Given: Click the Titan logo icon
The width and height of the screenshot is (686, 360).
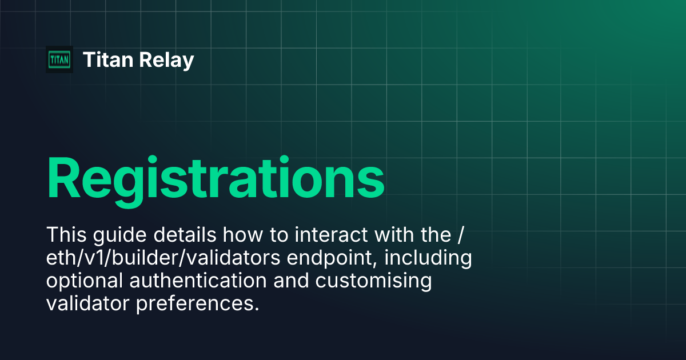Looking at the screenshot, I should [59, 59].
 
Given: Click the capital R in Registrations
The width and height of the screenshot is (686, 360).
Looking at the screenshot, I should [65, 176].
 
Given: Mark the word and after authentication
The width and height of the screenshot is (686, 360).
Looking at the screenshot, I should [292, 281].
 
